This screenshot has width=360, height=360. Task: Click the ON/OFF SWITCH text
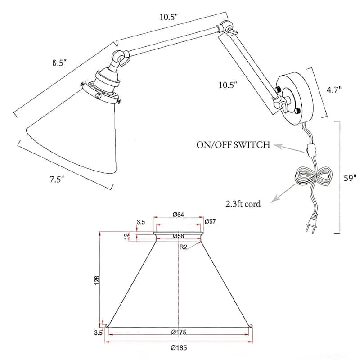(x=233, y=145)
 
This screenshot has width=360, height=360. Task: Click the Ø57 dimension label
(x=211, y=221)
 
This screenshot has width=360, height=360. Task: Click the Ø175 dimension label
(x=179, y=333)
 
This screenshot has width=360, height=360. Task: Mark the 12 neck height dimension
(x=126, y=236)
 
